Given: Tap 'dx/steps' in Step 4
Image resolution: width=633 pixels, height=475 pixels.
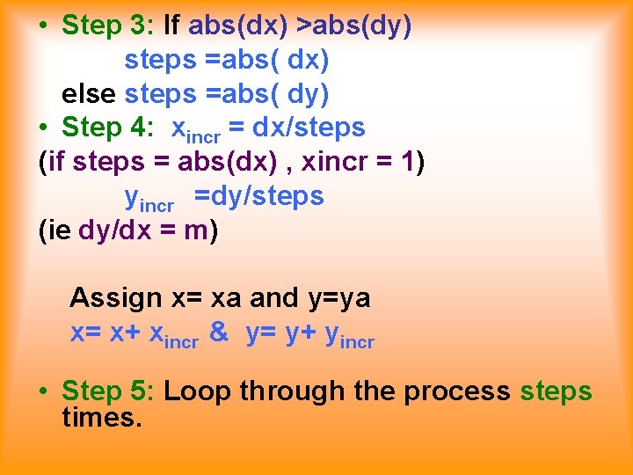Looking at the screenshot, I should [x=309, y=128].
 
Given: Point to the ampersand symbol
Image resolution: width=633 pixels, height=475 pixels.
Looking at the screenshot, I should [x=221, y=333].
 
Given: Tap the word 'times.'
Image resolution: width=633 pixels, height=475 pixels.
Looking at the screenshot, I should [x=102, y=417].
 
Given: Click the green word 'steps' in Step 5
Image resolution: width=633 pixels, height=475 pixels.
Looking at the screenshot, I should [x=557, y=391].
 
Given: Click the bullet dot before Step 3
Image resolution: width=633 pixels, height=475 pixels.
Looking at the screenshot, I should [x=44, y=26].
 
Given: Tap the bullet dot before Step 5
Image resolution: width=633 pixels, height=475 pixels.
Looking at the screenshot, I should [x=44, y=391].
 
